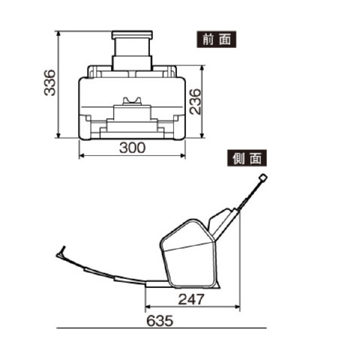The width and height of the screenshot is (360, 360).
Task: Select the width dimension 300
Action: point(132,148)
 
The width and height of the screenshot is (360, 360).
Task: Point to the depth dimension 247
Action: point(191,299)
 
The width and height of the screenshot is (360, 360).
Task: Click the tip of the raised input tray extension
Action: point(262,178)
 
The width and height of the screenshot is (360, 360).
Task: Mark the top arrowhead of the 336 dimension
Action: point(58,32)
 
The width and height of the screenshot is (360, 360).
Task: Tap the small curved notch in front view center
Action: point(132,101)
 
